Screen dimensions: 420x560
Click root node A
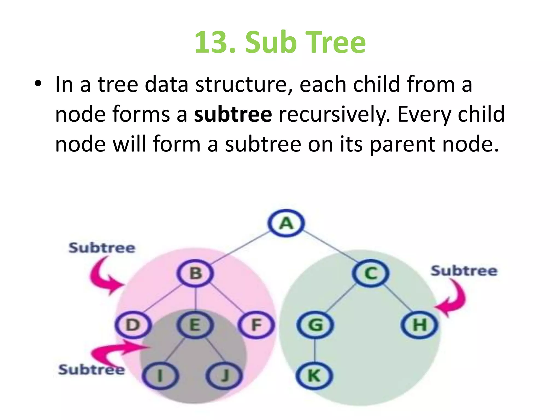(x=286, y=223)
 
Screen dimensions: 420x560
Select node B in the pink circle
(x=195, y=273)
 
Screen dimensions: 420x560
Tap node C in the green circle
(x=371, y=273)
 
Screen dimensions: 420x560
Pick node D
(x=133, y=325)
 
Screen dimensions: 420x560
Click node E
(x=195, y=325)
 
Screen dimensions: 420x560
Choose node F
(x=256, y=325)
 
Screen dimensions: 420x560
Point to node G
(x=315, y=325)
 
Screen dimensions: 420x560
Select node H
(x=419, y=325)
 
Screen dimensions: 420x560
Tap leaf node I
(x=161, y=375)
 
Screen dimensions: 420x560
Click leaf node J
(x=224, y=375)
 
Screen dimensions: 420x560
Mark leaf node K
(x=314, y=375)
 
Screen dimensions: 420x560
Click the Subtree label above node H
(x=464, y=271)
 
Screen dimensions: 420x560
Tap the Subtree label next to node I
(x=91, y=370)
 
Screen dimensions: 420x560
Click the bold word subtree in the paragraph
(x=233, y=114)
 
